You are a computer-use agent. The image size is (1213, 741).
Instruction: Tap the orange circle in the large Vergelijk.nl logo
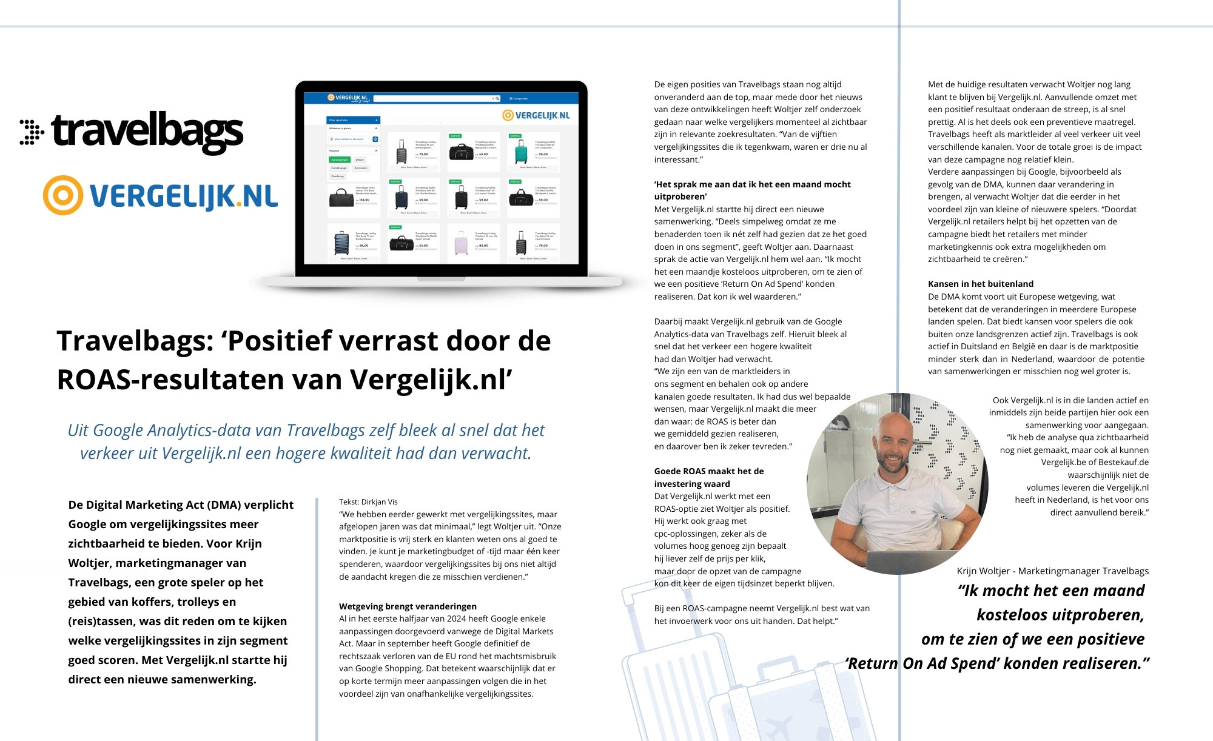(62, 195)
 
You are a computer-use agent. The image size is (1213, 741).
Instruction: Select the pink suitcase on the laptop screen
(461, 243)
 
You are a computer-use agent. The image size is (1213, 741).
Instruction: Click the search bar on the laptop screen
(437, 98)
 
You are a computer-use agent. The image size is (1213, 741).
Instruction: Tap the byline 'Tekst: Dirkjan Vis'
(368, 501)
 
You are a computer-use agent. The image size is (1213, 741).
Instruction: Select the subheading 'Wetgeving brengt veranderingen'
(408, 606)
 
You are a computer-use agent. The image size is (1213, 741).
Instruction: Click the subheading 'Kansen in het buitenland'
(980, 284)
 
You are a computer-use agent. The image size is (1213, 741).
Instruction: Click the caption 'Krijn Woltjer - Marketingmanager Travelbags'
(1052, 571)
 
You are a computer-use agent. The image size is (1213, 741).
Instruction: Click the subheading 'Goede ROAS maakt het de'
(708, 471)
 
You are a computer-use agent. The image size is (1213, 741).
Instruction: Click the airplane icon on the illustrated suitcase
(779, 726)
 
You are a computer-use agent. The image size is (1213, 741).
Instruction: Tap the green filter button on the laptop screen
(340, 160)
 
